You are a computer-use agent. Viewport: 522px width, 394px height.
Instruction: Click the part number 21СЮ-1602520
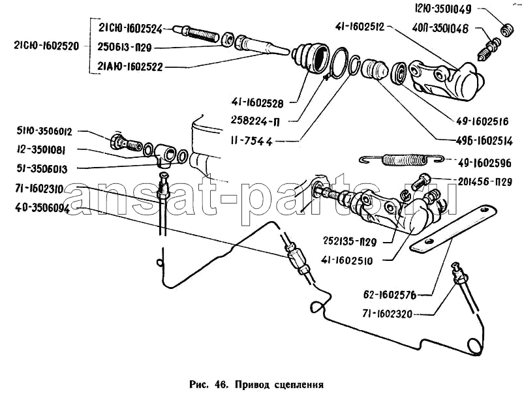click(x=44, y=46)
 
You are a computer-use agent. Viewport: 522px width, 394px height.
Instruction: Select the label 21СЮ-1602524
click(x=134, y=27)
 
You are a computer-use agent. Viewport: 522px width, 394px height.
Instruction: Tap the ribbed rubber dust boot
click(x=310, y=59)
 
